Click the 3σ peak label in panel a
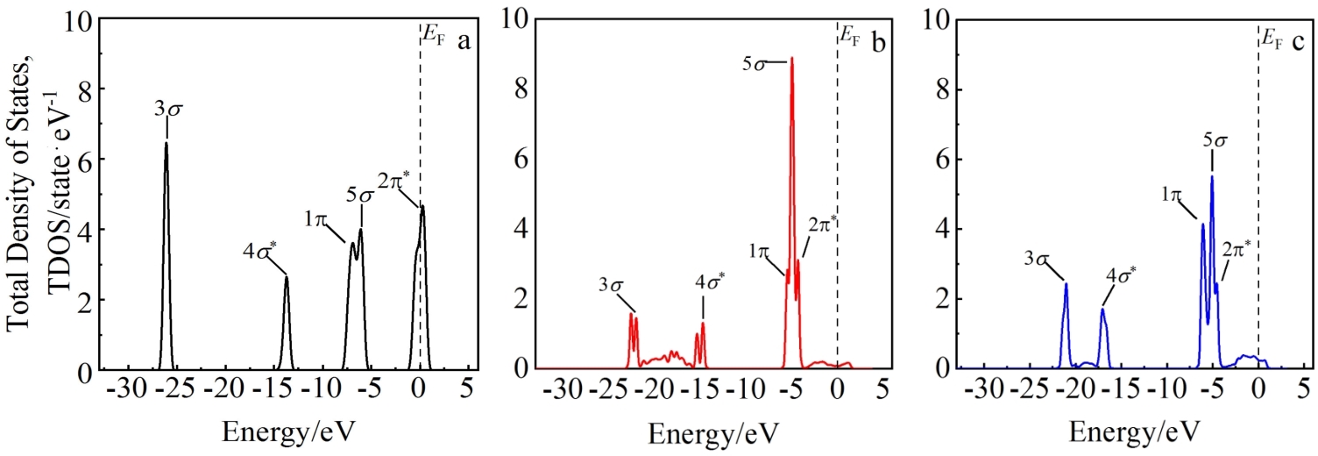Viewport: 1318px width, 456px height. click(x=168, y=110)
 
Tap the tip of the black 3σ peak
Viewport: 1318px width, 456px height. click(x=166, y=143)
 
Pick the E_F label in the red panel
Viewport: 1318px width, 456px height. click(x=850, y=34)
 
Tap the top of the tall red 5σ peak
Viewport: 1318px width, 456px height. click(x=792, y=59)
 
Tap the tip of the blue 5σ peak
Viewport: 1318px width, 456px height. click(x=1212, y=176)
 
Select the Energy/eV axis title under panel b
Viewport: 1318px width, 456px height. click(x=713, y=432)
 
